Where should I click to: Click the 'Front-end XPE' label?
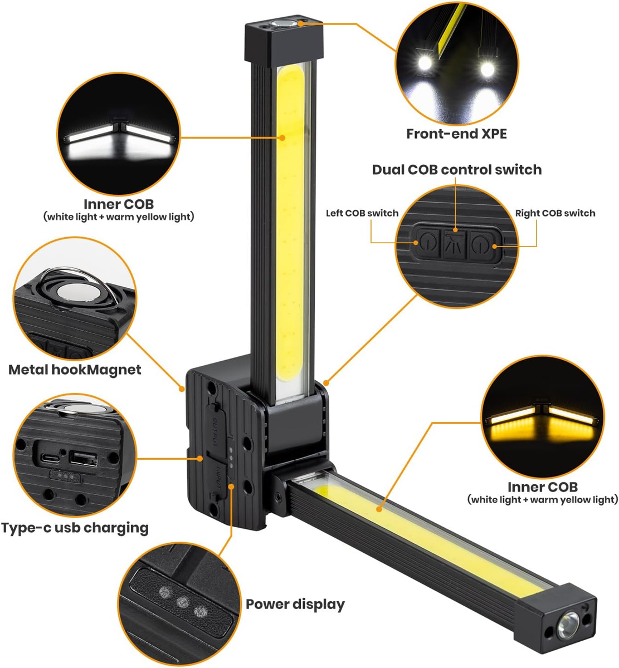tap(456, 134)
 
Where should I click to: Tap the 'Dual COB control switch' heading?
tap(456, 170)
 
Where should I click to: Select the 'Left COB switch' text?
tap(362, 213)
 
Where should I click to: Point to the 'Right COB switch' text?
tap(555, 213)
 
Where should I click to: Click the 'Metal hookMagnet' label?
tap(75, 370)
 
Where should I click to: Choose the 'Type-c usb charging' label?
tap(75, 528)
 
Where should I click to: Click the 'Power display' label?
tap(295, 605)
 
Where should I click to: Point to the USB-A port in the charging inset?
tap(83, 460)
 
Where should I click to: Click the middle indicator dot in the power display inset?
tap(181, 602)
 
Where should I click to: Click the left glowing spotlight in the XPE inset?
tap(425, 63)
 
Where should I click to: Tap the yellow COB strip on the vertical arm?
tap(291, 223)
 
